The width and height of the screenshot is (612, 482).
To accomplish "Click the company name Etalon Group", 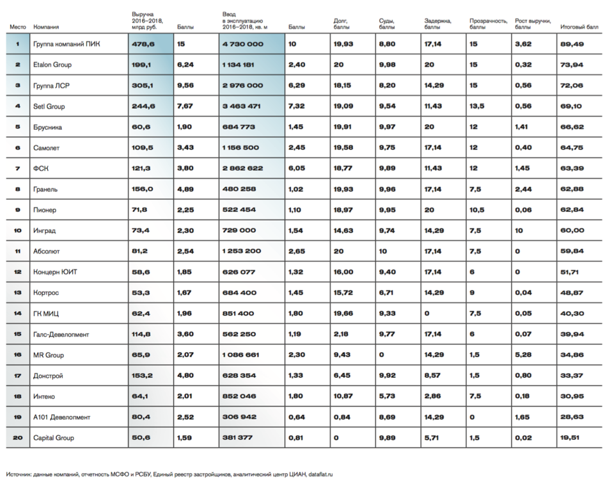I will click(x=52, y=65).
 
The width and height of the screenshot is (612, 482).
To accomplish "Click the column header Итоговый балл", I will click(x=579, y=28).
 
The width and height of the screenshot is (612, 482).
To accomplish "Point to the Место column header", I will click(x=17, y=28).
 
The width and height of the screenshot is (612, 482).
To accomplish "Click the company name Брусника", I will click(x=47, y=127).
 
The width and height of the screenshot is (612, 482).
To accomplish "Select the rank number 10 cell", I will click(x=18, y=230).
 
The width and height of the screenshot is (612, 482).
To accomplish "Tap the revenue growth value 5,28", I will click(x=522, y=355).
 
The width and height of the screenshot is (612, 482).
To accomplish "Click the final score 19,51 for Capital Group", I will click(x=570, y=438).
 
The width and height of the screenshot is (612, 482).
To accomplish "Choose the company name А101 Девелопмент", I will click(x=62, y=417).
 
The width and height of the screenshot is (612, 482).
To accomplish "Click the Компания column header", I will click(x=46, y=28).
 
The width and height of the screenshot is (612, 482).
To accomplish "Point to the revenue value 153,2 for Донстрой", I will click(x=143, y=375).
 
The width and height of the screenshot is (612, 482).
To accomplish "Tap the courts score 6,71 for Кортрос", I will click(x=386, y=293).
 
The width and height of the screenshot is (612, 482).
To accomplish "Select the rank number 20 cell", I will click(x=18, y=438).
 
